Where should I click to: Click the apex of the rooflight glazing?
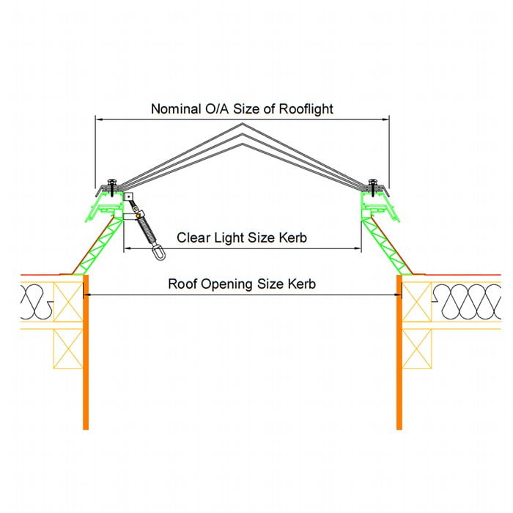click(x=243, y=125)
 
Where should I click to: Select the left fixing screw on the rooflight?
click(x=112, y=182)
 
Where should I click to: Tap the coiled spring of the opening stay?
click(x=147, y=229)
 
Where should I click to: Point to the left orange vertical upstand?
click(x=86, y=352)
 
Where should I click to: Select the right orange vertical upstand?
click(x=399, y=352)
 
